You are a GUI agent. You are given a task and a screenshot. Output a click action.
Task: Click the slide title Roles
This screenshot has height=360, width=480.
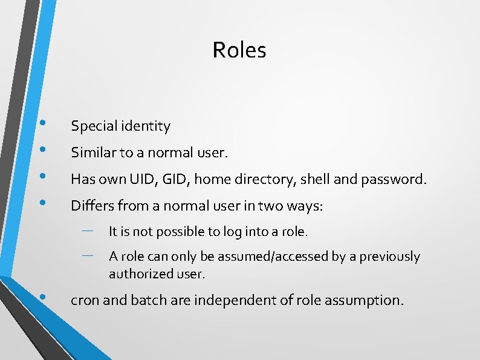pyautogui.click(x=239, y=50)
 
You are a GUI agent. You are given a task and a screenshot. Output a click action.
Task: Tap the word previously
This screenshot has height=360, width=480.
pyautogui.click(x=390, y=257)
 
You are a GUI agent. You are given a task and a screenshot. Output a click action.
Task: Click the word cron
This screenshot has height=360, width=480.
pyautogui.click(x=85, y=299)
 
